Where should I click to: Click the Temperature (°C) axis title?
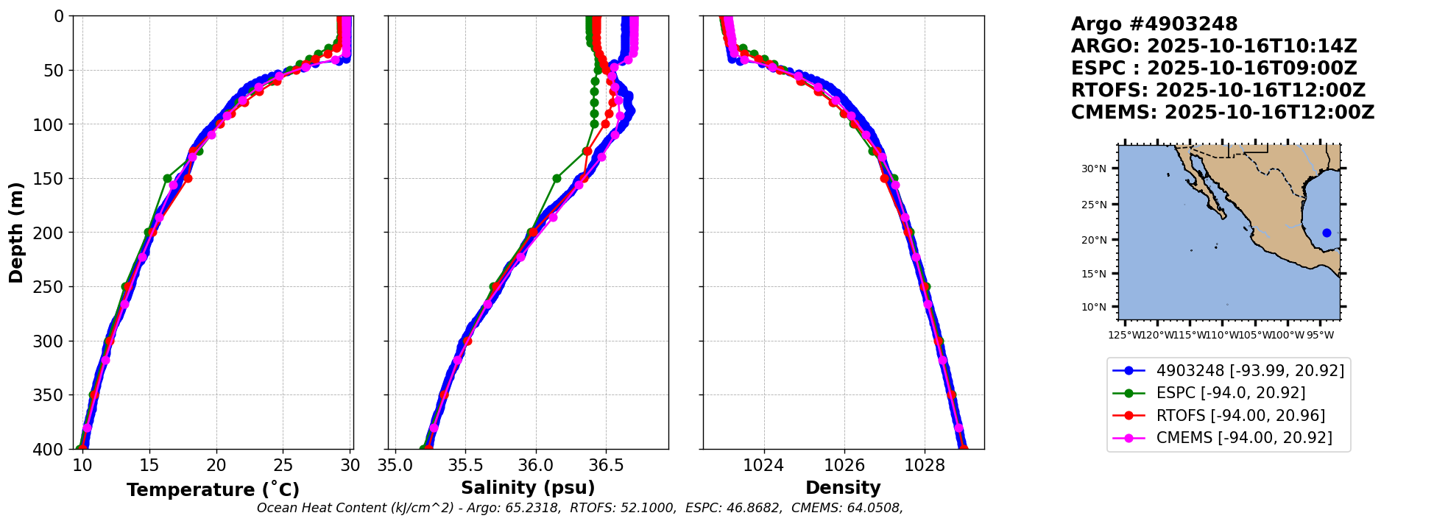pyautogui.click(x=213, y=490)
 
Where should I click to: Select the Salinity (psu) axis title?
pyautogui.click(x=528, y=488)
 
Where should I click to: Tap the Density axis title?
pyautogui.click(x=843, y=488)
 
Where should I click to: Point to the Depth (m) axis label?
pyautogui.click(x=15, y=233)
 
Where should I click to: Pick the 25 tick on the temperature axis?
pyautogui.click(x=283, y=465)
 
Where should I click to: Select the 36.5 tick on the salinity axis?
pyautogui.click(x=606, y=465)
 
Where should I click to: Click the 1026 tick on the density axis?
pyautogui.click(x=844, y=465)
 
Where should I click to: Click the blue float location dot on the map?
pyautogui.click(x=1327, y=233)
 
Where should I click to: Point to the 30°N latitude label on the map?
pyautogui.click(x=1093, y=169)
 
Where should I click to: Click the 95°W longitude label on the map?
pyautogui.click(x=1319, y=336)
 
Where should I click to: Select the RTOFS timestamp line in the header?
pyautogui.click(x=1218, y=91)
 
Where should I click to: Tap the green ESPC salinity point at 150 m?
pyautogui.click(x=557, y=178)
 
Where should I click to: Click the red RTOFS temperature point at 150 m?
pyautogui.click(x=188, y=178)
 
